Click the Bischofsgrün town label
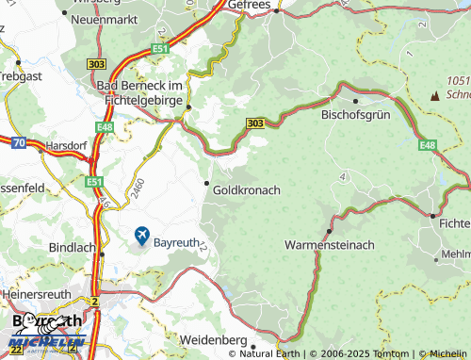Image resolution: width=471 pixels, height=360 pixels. [356, 116]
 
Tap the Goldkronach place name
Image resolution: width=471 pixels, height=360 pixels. [248, 189]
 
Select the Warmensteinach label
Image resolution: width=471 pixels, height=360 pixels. [329, 244]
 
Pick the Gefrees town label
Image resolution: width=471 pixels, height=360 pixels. [249, 5]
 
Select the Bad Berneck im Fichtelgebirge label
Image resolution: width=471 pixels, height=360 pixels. [140, 93]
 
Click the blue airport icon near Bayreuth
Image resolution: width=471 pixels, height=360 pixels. [141, 235]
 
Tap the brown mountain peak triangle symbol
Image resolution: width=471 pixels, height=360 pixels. [434, 95]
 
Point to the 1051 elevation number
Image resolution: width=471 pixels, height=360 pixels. [459, 82]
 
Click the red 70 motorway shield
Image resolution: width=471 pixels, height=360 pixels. [20, 142]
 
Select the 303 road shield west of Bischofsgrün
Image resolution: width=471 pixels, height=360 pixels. [254, 123]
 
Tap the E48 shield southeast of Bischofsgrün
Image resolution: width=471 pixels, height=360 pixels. [429, 145]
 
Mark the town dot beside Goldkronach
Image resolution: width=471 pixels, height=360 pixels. [207, 183]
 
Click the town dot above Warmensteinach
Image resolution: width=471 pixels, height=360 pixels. [329, 230]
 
